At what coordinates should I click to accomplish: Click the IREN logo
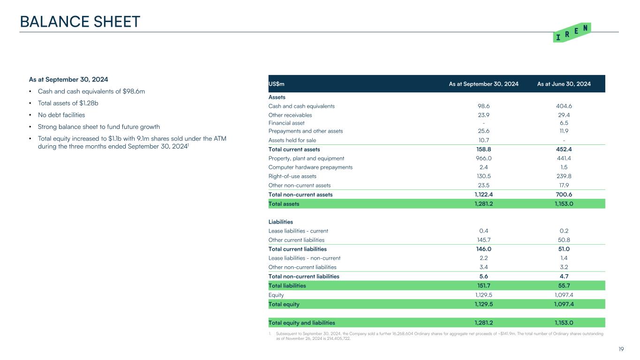572,32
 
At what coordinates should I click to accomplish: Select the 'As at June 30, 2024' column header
564,84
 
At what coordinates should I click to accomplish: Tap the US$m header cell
277,84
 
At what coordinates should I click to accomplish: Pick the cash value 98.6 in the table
483,106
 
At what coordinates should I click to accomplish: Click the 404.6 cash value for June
564,106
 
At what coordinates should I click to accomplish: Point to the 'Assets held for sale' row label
292,140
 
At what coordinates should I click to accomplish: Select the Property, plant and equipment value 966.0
483,158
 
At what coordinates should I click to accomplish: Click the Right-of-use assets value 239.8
564,176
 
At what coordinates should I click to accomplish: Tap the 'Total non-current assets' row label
301,195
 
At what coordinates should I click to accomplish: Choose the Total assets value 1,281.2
483,204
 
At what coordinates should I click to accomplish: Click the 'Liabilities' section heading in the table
281,222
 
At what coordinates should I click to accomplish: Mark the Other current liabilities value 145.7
483,240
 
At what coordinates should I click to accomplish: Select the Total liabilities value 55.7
564,285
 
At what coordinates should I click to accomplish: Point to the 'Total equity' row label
284,304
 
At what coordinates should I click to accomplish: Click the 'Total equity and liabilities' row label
301,322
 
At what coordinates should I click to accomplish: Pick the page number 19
621,349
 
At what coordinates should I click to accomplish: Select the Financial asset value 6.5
564,123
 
